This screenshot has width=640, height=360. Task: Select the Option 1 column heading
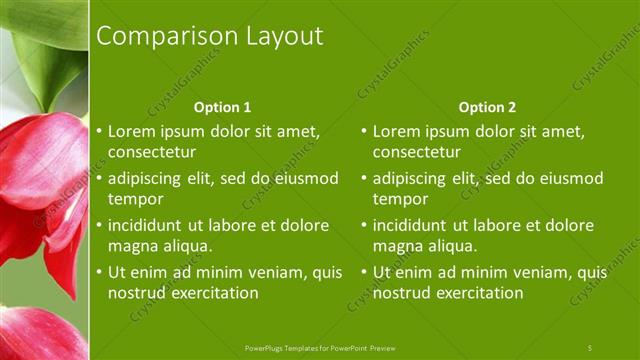(x=222, y=107)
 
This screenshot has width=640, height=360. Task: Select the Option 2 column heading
(x=487, y=107)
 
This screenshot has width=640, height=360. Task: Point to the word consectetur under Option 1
(x=151, y=152)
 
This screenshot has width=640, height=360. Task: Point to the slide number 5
(x=590, y=347)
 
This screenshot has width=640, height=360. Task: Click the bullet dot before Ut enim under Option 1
(x=98, y=272)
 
